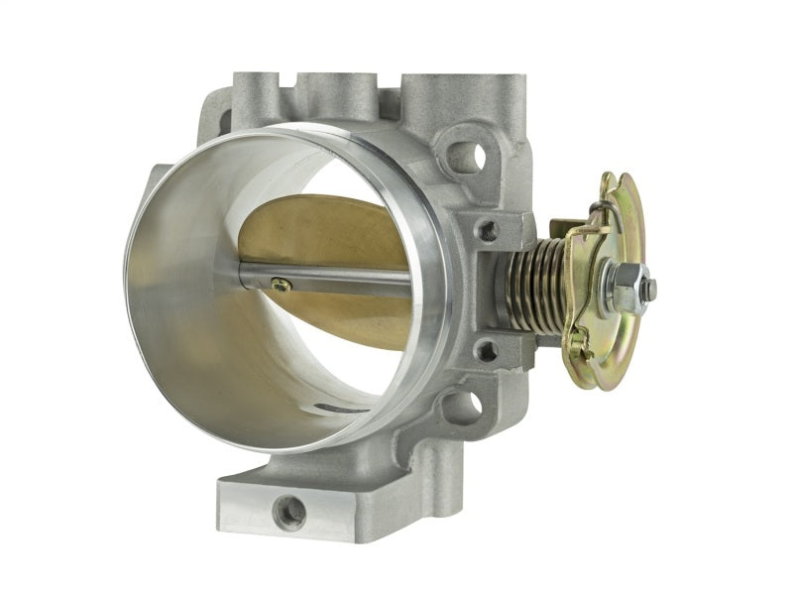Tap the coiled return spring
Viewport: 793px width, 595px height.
535,289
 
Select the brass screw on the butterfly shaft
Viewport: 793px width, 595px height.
282,286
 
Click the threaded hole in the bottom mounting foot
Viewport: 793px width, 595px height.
290,512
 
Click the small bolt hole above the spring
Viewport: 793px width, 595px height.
488,230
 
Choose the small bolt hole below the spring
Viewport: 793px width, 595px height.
488,349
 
